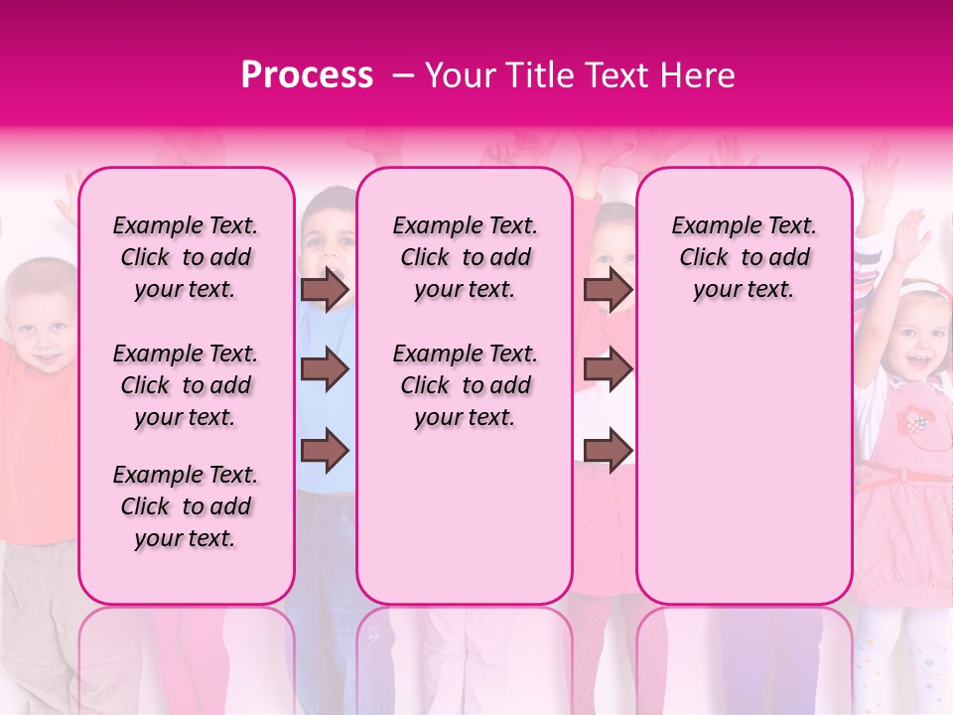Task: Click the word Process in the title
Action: click(306, 75)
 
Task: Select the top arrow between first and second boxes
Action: click(325, 290)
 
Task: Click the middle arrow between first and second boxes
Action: click(325, 370)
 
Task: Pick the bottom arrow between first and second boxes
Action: click(325, 451)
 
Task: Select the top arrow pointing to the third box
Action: click(608, 290)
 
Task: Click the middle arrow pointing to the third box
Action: click(608, 370)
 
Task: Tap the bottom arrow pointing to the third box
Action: click(608, 451)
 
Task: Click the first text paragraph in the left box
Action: click(186, 257)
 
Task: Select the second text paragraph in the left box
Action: click(186, 385)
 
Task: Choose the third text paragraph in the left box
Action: click(186, 506)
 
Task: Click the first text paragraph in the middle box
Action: click(465, 257)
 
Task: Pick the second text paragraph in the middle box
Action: click(465, 385)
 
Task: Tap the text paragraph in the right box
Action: click(744, 257)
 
